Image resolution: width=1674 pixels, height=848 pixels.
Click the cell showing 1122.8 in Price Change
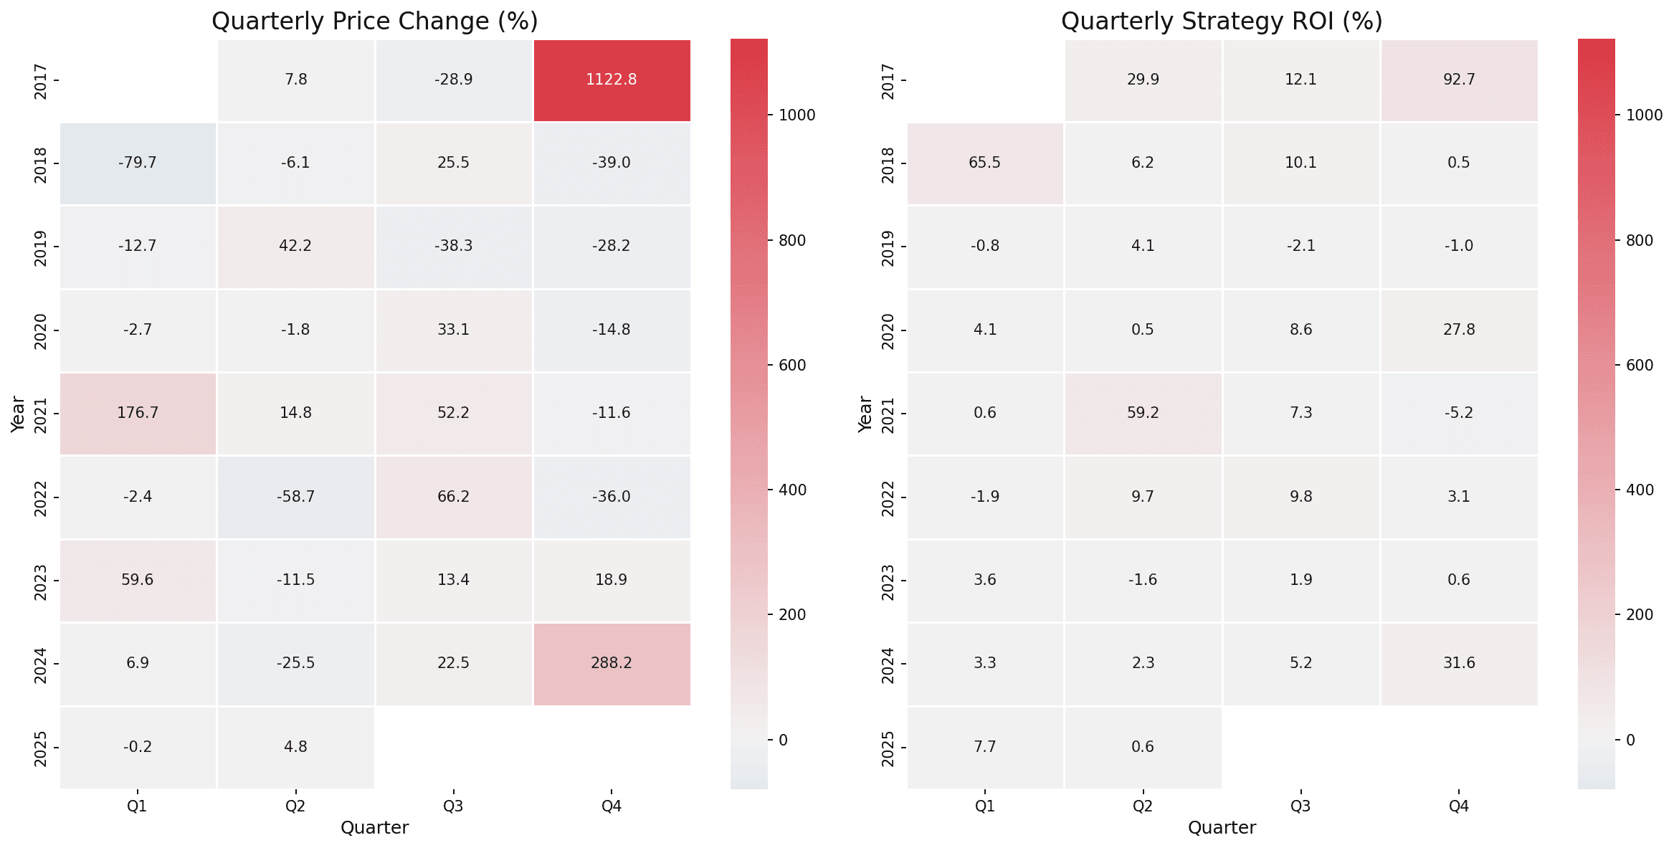point(612,80)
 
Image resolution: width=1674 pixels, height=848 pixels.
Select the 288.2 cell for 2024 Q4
point(612,663)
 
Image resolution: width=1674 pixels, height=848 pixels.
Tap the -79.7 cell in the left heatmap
point(138,163)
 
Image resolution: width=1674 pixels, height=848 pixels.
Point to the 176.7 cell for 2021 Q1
point(138,413)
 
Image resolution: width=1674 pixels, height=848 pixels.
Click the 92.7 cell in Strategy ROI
point(1459,80)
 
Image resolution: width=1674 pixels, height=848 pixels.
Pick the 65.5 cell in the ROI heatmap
point(985,163)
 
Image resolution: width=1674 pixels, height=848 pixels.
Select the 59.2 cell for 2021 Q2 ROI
point(1143,413)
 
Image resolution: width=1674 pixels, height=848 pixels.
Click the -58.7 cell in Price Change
point(295,496)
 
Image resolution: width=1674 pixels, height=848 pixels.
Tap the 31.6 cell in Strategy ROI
point(1459,663)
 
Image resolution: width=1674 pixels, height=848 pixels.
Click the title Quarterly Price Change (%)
point(375,21)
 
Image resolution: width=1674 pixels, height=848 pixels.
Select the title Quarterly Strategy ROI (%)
point(1222,21)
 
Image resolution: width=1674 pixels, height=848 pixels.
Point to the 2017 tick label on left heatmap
point(41,81)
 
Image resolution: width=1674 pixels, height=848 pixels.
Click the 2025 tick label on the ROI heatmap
point(888,748)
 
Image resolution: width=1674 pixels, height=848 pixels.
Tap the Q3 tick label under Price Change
point(453,806)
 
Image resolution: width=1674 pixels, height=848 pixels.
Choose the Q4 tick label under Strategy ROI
point(1459,806)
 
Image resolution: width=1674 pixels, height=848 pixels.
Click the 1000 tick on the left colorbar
point(797,115)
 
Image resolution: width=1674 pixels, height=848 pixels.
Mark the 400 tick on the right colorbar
point(1640,490)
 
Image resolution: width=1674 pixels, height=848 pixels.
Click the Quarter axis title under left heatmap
point(375,828)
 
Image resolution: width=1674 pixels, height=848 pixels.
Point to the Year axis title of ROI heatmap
point(865,414)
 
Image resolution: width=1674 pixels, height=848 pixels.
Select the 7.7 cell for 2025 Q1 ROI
point(985,747)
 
